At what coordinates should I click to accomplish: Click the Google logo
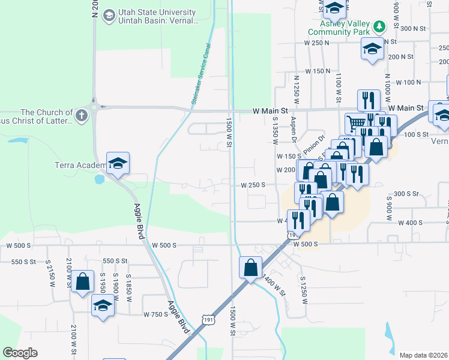point(20,353)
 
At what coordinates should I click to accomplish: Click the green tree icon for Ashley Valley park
point(379,26)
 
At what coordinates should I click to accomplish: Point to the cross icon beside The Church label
point(82,113)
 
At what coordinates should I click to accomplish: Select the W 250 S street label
point(253,185)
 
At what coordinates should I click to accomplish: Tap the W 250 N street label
point(317,43)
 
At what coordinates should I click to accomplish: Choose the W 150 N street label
point(318,71)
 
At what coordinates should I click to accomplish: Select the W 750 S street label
point(155,314)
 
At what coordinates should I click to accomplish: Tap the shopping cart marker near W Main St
point(355,122)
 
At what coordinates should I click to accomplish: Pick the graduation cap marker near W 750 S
point(103,305)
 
